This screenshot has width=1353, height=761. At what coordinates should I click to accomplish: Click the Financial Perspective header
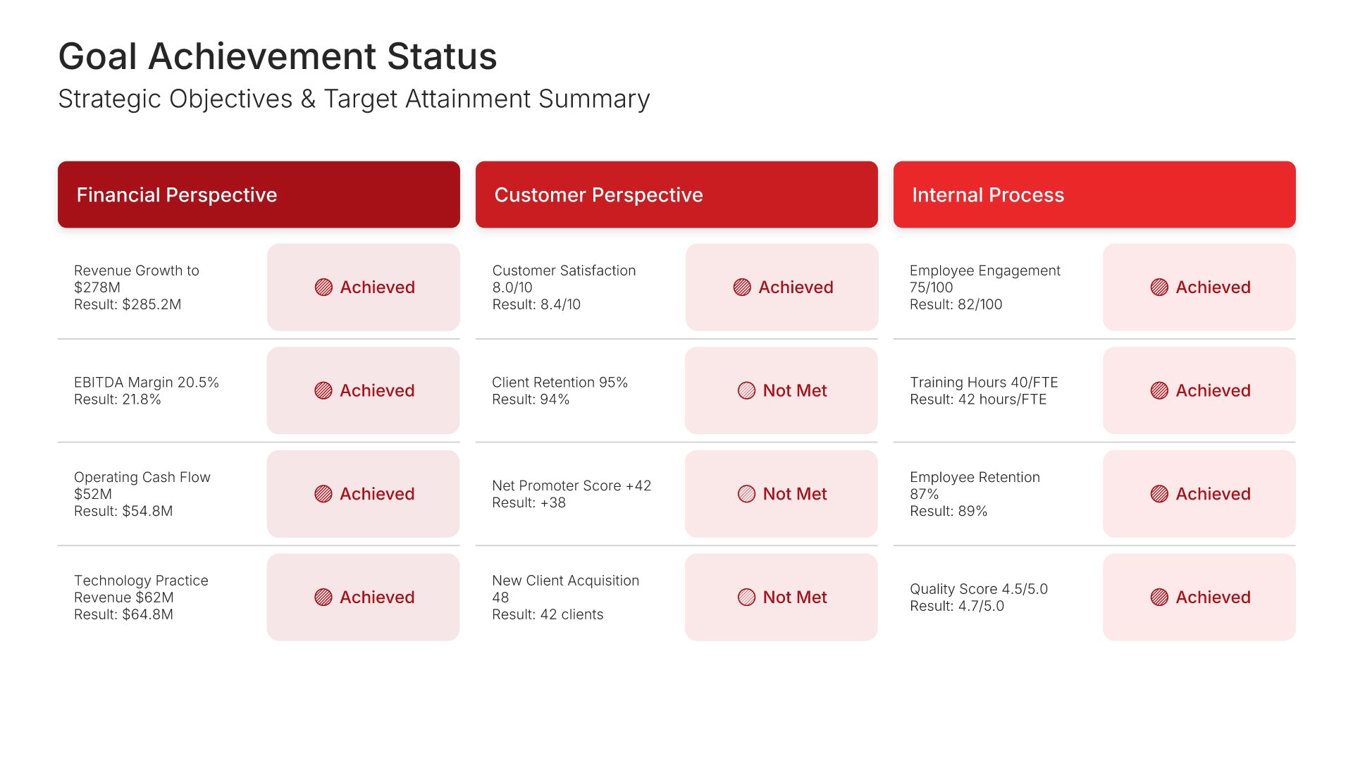pos(259,194)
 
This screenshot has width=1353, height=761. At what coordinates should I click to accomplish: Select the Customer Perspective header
pos(676,194)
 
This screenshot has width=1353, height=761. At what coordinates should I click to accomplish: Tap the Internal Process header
pos(1094,194)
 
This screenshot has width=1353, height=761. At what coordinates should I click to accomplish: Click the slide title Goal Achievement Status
pos(278,56)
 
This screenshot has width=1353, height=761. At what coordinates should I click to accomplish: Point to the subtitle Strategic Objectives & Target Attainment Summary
pos(354,99)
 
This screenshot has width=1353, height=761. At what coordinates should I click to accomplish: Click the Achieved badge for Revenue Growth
pos(364,287)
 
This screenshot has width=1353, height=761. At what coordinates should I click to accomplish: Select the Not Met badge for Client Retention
pos(781,390)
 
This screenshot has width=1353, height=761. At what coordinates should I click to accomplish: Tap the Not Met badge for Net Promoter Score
pos(781,494)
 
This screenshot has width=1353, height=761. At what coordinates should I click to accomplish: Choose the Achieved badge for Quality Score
pos(1199,598)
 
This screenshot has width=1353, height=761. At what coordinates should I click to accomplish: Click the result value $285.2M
pos(152,304)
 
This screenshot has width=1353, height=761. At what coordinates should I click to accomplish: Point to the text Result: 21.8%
pos(118,400)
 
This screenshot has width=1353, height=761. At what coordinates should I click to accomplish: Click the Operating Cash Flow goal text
pos(142,485)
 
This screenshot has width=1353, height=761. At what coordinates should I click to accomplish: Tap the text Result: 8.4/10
pos(536,304)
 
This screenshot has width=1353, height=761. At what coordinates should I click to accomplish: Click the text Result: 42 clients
pos(548,614)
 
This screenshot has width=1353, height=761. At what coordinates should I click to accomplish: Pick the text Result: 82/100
pos(956,304)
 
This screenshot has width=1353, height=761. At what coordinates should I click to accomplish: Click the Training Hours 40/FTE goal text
pos(984,383)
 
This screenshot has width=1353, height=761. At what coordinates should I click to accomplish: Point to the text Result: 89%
pos(949,511)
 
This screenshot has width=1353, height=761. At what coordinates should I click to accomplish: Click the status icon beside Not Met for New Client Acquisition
pos(746,598)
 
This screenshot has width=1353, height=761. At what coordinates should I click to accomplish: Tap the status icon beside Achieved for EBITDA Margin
pos(323,390)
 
